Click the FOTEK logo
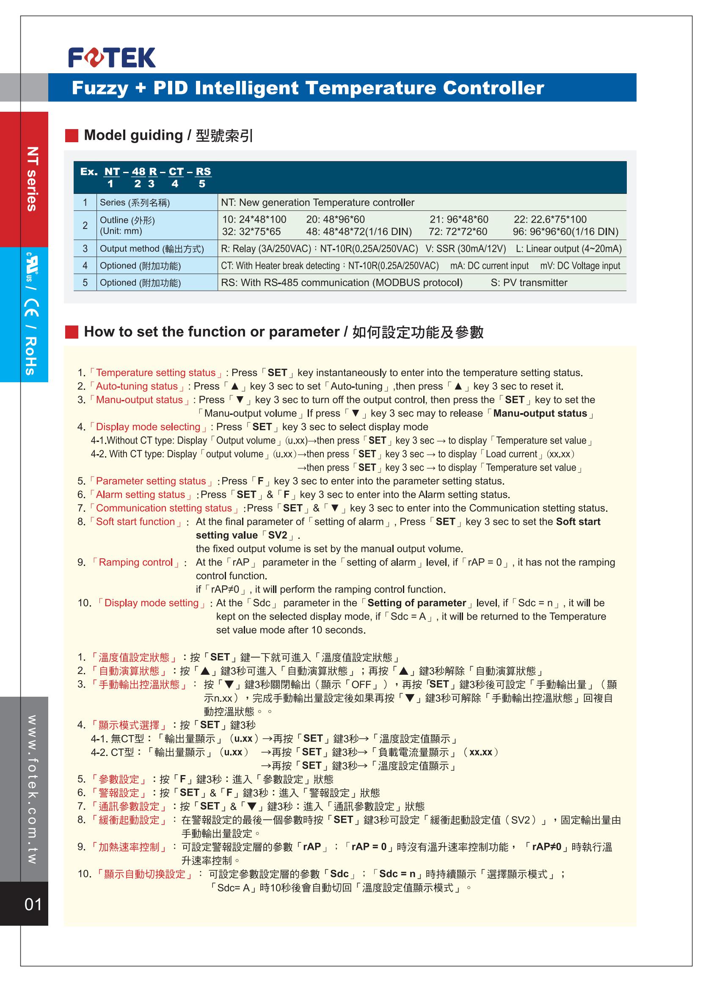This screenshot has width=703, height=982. coord(112,58)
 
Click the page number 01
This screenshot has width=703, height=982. coord(33,904)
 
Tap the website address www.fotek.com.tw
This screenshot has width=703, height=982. coord(32,789)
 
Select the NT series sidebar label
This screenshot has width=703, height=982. coord(32,179)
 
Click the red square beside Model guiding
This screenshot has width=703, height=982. coord(72,135)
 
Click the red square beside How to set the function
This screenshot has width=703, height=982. coord(72,332)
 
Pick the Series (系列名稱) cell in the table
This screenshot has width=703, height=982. coord(135,203)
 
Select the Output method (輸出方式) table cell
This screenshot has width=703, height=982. coord(152,249)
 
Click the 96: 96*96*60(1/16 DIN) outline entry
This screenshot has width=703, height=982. coord(565,232)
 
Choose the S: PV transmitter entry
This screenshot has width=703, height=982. coord(529,283)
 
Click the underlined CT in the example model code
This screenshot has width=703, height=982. coord(176,172)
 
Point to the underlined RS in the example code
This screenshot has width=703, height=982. coord(203,172)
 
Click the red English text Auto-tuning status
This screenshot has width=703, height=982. coord(137,386)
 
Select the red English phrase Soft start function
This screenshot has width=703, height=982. coord(135,521)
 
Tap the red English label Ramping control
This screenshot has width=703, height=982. coord(135,562)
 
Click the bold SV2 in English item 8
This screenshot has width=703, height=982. coord(278,535)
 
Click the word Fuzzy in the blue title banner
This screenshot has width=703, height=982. coord(100,88)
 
